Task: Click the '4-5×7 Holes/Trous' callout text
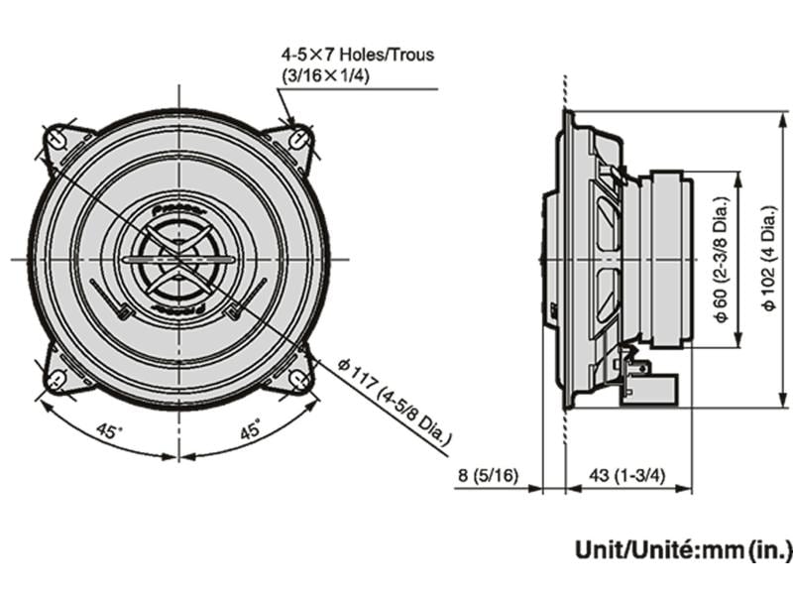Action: tap(358, 56)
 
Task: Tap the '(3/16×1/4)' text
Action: tap(326, 76)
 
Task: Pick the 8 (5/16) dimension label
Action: tap(487, 475)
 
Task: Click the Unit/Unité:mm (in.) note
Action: tap(683, 548)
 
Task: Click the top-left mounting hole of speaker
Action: tap(58, 139)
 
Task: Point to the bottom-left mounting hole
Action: tap(58, 378)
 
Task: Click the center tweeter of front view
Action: tap(178, 259)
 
